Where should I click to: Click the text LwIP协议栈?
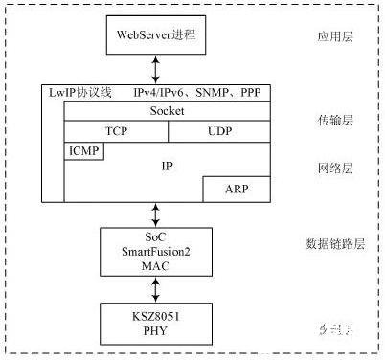click(80, 93)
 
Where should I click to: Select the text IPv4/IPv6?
click(158, 93)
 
